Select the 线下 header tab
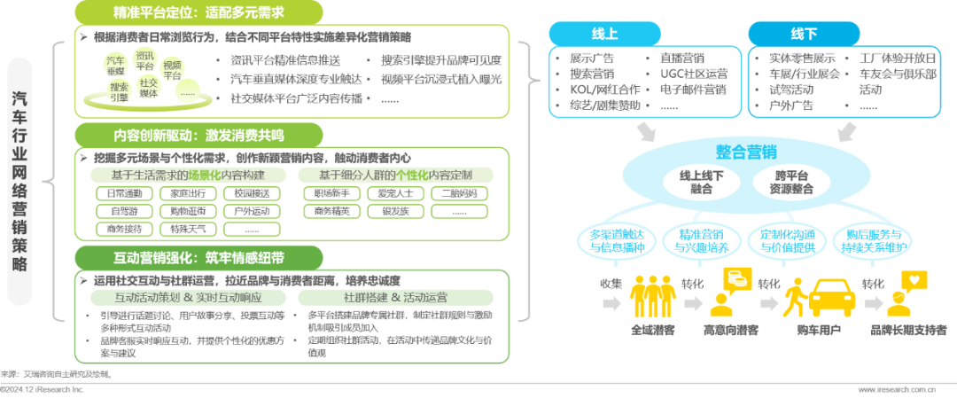[x=804, y=34]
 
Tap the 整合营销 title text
[x=745, y=151]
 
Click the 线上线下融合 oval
[x=701, y=183]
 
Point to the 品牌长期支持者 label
[x=906, y=330]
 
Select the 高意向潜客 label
[x=731, y=330]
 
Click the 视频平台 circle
[x=173, y=69]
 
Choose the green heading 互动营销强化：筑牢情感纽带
[x=180, y=258]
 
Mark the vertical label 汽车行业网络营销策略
[x=20, y=182]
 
